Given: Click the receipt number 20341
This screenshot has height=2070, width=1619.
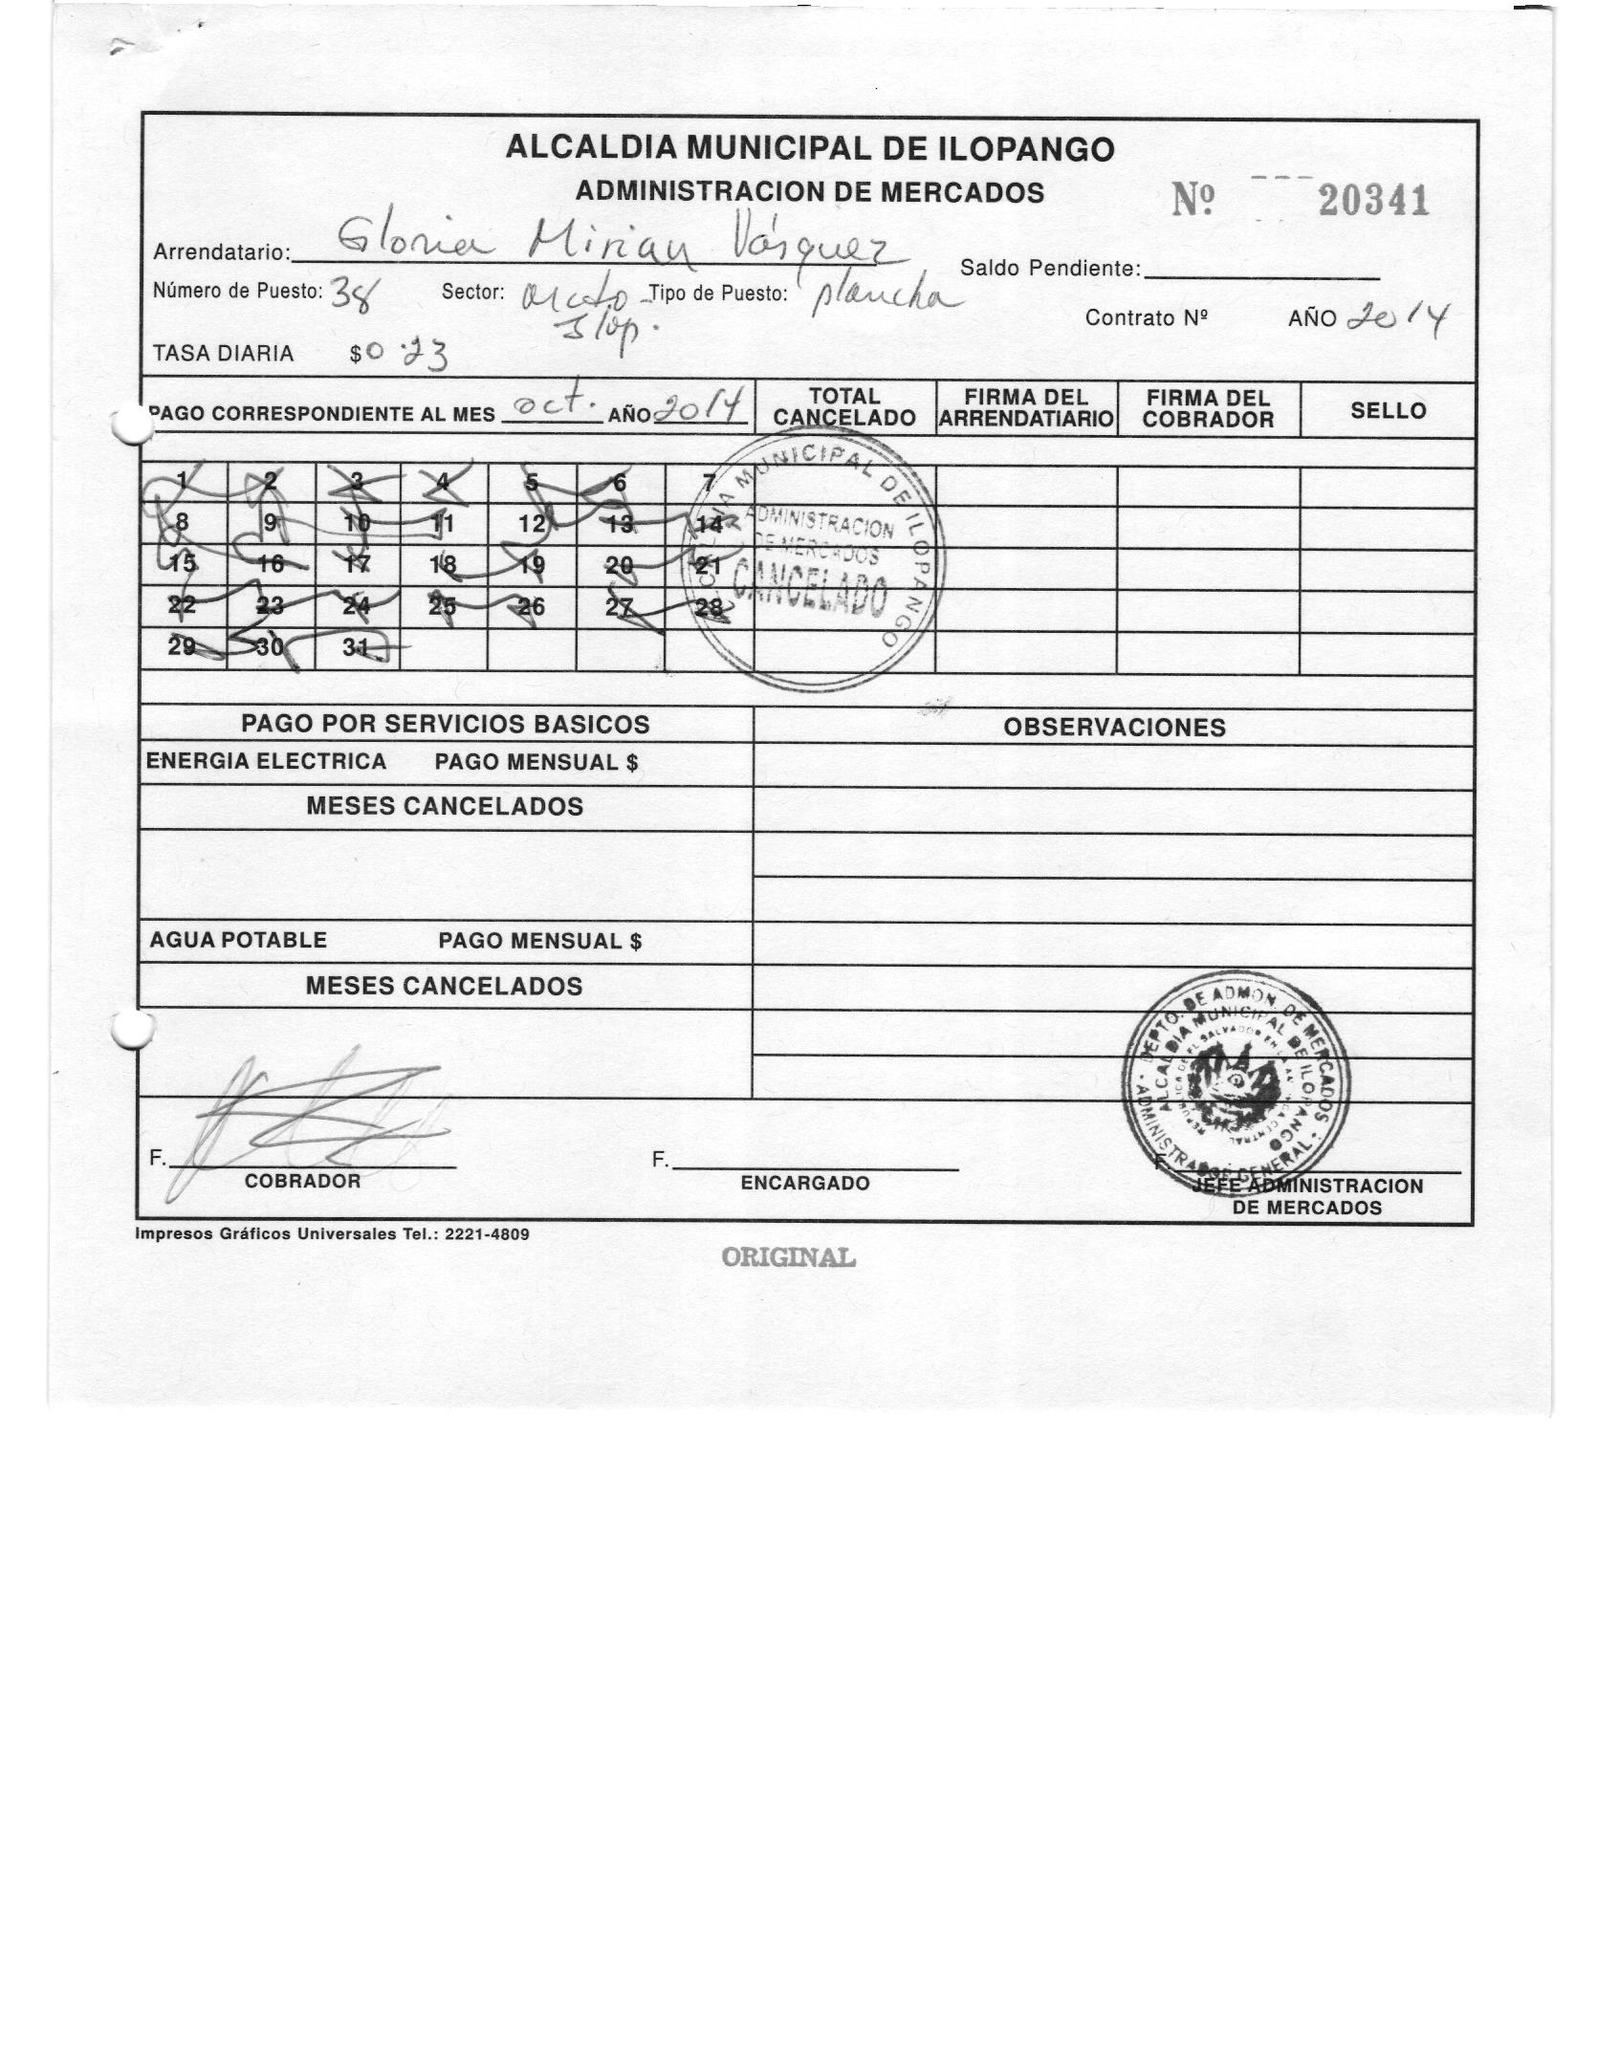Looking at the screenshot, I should [1373, 201].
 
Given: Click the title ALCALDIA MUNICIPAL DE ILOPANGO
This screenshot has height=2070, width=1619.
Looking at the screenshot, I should [809, 149].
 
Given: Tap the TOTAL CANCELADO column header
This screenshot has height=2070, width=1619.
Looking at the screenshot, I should [844, 407].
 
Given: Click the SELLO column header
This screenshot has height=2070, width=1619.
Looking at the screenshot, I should [1388, 410].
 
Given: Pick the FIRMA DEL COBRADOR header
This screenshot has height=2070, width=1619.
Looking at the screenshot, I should [1208, 408].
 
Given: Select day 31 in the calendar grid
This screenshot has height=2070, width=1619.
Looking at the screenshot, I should [357, 647].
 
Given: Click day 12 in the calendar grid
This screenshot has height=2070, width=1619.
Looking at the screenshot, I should [532, 524].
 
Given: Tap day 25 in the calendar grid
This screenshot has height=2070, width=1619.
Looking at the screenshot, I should [442, 605].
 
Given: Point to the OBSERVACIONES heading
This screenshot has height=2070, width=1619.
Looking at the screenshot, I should [1114, 728].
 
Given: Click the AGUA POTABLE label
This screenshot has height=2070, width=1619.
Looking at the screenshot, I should [238, 940].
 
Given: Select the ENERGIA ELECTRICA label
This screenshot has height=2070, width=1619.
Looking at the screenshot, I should [266, 762].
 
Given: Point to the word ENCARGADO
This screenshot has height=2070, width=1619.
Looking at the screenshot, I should [805, 1184].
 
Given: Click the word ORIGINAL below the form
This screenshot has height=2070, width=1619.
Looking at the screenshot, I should [789, 1257].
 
